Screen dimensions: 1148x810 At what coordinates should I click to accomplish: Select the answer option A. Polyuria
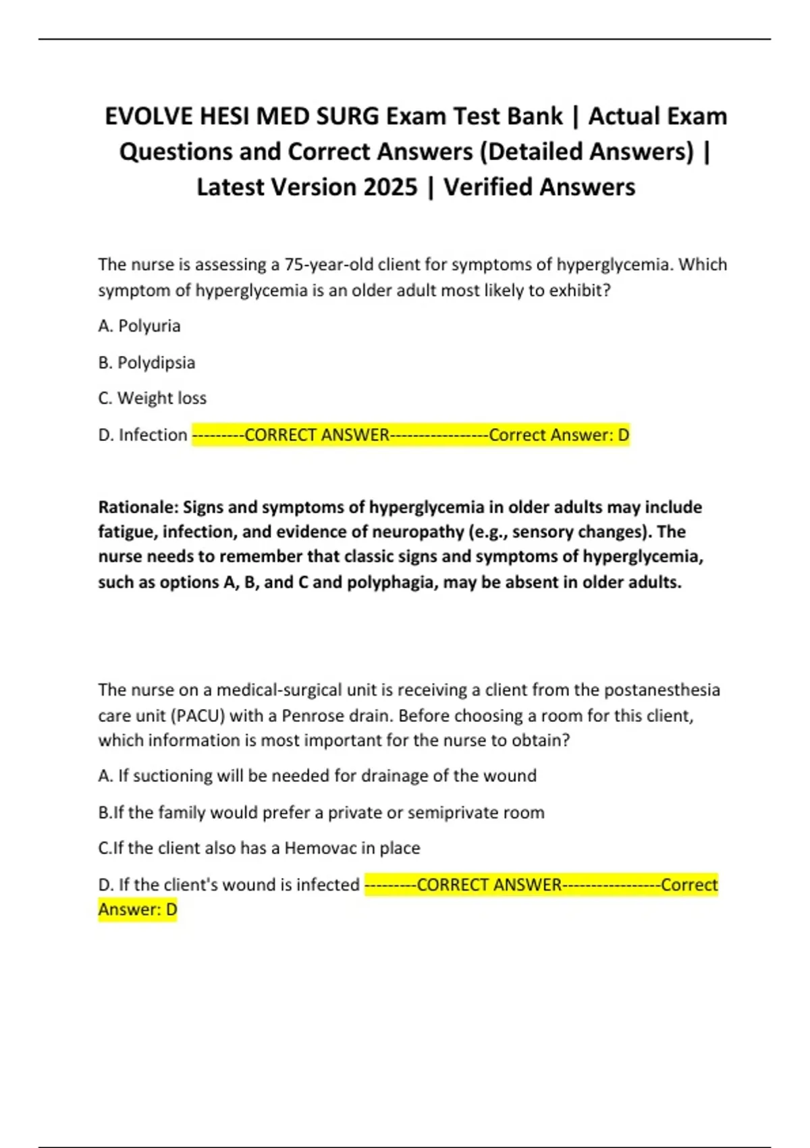139,326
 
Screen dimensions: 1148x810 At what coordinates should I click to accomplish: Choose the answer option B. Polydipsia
146,363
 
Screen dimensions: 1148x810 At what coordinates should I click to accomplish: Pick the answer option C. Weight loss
152,398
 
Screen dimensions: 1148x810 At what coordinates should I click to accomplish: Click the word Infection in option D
153,435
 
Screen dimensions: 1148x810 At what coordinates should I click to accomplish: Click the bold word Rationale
138,507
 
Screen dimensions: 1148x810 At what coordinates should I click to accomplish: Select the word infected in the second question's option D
329,885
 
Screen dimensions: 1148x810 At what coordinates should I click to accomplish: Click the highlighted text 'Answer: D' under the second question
138,910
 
